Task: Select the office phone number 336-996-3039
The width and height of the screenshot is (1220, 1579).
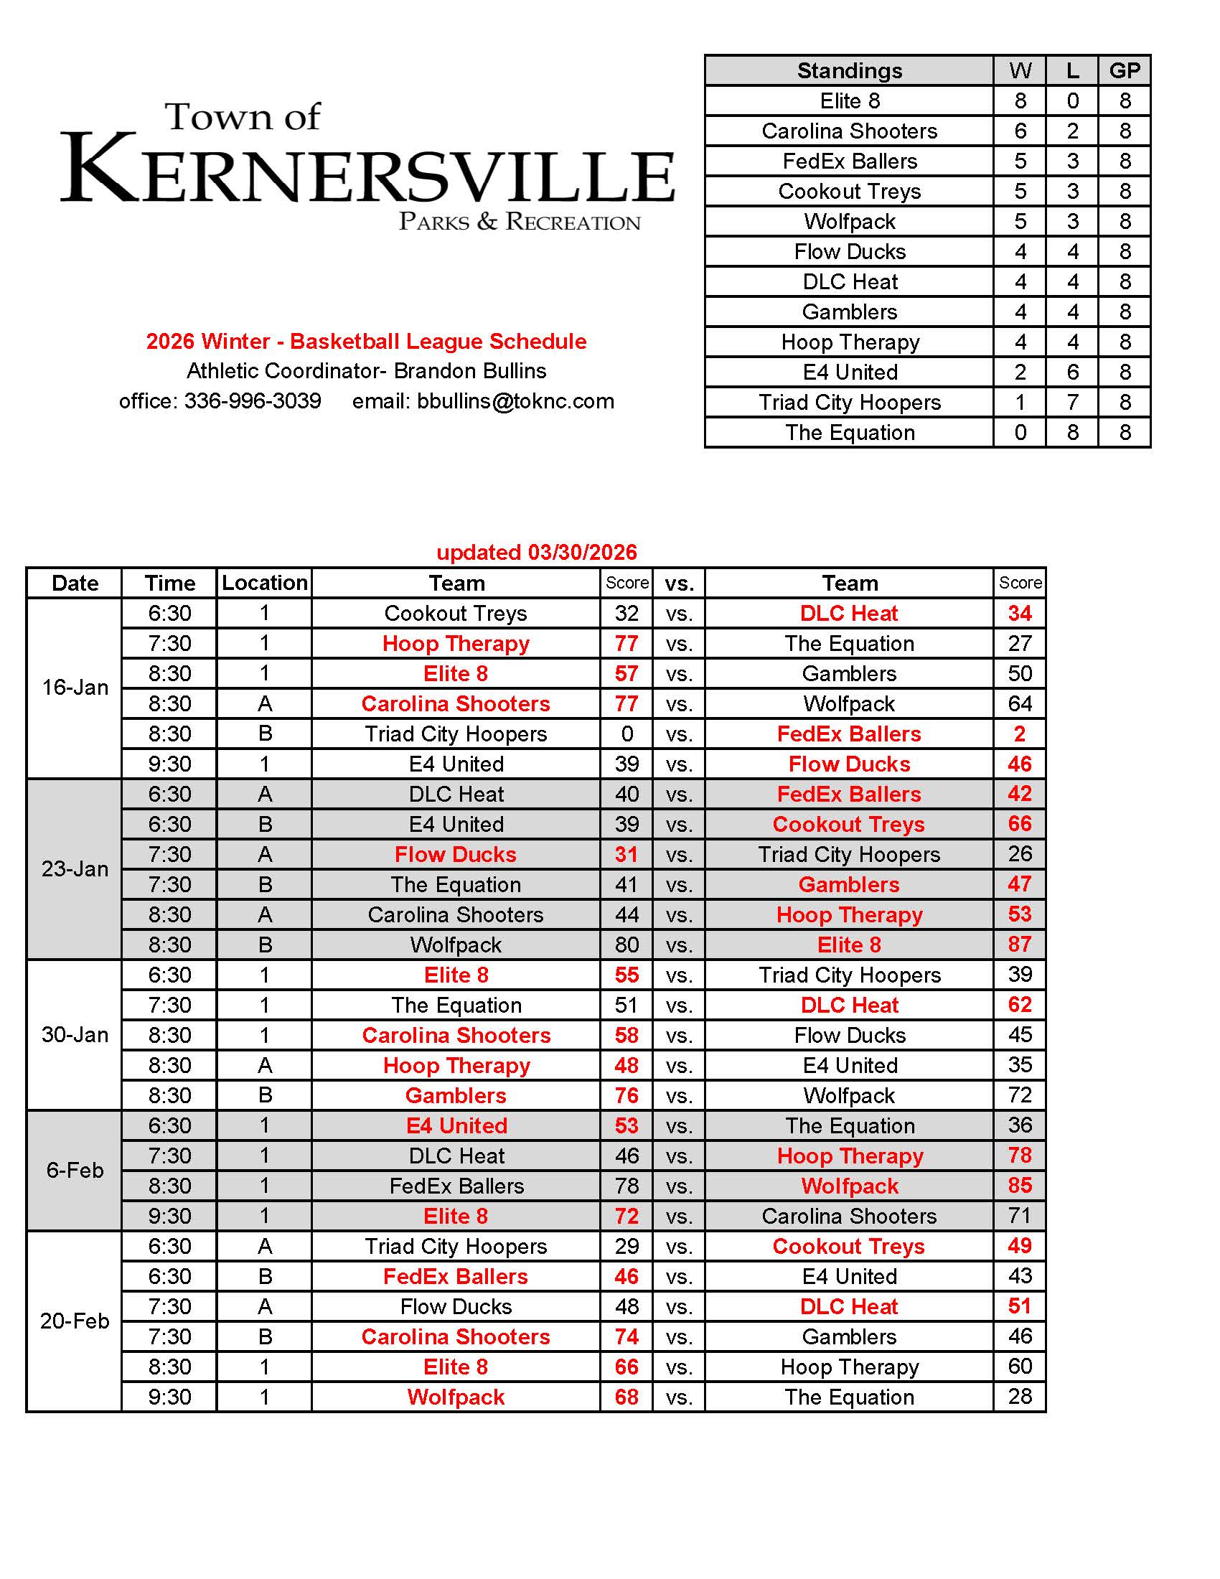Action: click(x=252, y=400)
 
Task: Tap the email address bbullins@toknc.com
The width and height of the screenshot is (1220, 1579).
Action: click(x=515, y=400)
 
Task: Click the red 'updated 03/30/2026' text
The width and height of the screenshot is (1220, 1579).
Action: click(x=536, y=553)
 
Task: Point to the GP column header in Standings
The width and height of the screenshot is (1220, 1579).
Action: click(x=1124, y=70)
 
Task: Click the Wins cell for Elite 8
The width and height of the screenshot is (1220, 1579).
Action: click(x=1020, y=100)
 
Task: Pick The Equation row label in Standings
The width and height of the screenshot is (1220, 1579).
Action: click(x=849, y=432)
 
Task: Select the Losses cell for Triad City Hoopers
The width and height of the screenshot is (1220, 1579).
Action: click(x=1072, y=402)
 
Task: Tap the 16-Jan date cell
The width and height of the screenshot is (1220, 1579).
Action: click(x=75, y=687)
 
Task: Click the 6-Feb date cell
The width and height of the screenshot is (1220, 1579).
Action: click(x=75, y=1170)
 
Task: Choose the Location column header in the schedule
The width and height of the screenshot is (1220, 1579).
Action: click(x=265, y=583)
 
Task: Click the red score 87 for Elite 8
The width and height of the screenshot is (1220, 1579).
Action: click(x=1019, y=945)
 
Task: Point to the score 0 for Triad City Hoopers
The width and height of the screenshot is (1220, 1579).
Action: click(x=627, y=734)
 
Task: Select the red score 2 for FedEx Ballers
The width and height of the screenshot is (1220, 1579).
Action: click(x=1019, y=734)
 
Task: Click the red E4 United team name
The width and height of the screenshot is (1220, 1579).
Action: click(x=456, y=1125)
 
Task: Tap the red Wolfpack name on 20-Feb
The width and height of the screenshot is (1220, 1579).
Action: click(x=455, y=1397)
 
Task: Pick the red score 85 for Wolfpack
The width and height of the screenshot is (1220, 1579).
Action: click(x=1019, y=1186)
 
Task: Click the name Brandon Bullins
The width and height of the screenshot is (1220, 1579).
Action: click(x=470, y=371)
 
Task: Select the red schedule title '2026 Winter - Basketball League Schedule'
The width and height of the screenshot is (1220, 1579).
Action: click(x=367, y=341)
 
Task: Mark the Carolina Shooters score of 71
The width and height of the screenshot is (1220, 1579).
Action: click(x=1019, y=1216)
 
